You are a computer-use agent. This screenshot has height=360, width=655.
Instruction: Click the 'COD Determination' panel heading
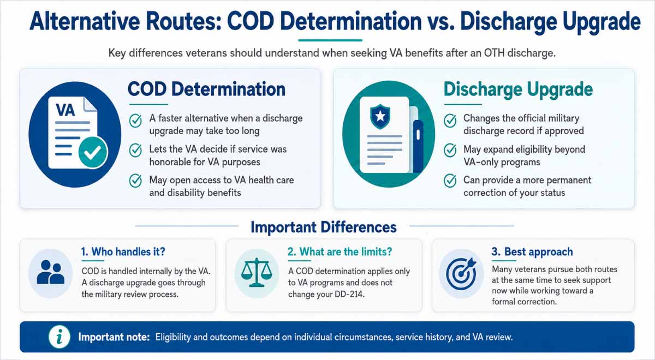(x=206, y=89)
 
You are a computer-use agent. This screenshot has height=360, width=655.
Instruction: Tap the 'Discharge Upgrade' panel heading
(x=518, y=89)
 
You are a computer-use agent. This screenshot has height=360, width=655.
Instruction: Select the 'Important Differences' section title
(x=324, y=227)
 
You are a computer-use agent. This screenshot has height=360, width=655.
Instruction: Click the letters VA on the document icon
(x=65, y=110)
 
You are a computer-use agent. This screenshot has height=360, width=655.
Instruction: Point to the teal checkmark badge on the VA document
(x=93, y=152)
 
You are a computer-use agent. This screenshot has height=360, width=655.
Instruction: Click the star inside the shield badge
(x=380, y=116)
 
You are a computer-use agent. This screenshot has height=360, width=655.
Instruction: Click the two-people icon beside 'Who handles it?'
(x=51, y=273)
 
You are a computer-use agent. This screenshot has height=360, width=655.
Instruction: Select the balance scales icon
(x=257, y=272)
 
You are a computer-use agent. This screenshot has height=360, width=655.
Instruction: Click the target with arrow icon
(x=461, y=273)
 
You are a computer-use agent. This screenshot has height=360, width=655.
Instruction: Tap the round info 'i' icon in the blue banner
(x=59, y=337)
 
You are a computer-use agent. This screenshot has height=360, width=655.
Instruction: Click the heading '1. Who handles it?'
(x=123, y=251)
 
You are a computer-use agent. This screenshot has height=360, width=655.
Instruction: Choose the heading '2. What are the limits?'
(x=340, y=251)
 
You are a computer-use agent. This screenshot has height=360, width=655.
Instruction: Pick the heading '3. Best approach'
(x=532, y=251)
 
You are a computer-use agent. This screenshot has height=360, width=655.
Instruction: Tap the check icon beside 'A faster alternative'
(x=135, y=121)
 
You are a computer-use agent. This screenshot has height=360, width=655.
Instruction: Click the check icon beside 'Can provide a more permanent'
(x=450, y=181)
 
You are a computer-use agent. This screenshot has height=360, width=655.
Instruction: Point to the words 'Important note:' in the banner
(x=114, y=337)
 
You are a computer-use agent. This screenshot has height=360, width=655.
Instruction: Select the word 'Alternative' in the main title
(x=85, y=21)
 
